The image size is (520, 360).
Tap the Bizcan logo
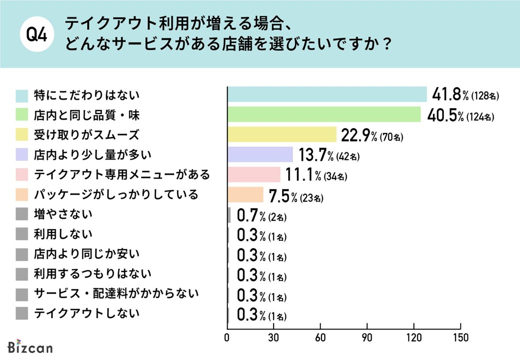30,347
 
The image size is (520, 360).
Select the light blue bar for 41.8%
327,94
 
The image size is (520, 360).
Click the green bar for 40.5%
324,114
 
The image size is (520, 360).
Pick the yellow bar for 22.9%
282,134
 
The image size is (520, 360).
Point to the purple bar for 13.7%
260,154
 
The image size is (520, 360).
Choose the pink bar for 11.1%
254,174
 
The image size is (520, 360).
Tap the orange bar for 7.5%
245,194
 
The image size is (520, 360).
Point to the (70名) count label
391,136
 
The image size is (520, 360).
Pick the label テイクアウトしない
86,313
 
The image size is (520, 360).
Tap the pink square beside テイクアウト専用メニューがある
21,174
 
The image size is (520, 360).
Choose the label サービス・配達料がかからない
116,293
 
